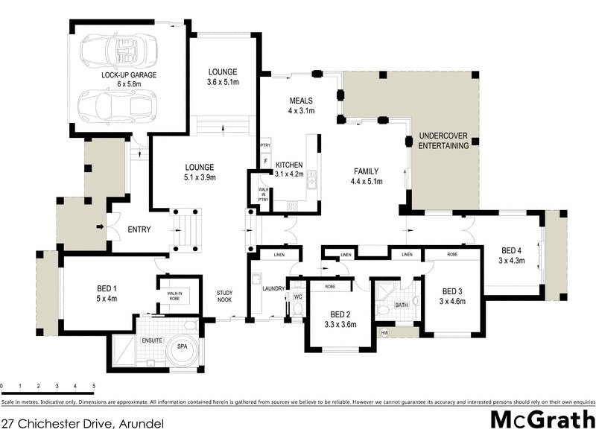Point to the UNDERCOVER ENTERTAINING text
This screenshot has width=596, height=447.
pyautogui.click(x=444, y=141)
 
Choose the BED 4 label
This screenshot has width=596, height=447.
pyautogui.click(x=512, y=250)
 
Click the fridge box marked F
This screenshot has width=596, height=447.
pyautogui.click(x=264, y=160)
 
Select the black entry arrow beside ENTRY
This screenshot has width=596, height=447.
pyautogui.click(x=101, y=226)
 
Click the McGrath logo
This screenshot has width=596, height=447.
pyautogui.click(x=542, y=419)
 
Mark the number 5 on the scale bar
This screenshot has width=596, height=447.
pyautogui.click(x=94, y=386)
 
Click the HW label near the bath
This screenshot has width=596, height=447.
pyautogui.click(x=384, y=332)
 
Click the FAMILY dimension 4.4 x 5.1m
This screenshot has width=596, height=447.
pyautogui.click(x=367, y=180)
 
